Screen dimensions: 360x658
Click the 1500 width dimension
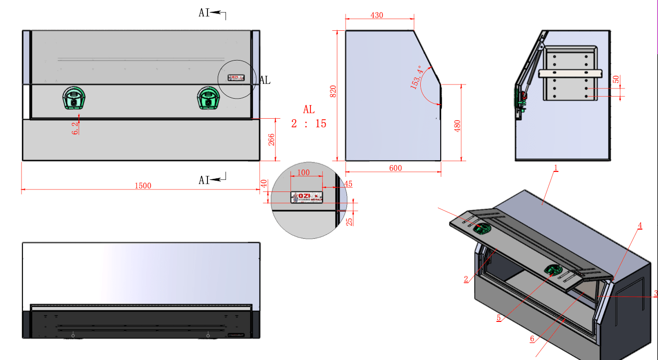tap(143, 186)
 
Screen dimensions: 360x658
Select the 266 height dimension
tap(271, 140)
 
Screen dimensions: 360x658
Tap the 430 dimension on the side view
tap(377, 15)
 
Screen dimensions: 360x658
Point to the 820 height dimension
tap(333, 91)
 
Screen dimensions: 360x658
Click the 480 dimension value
tap(457, 126)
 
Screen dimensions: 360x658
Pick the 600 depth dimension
tap(395, 168)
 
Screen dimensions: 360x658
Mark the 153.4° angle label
tap(416, 78)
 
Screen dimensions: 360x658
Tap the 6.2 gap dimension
tap(75, 128)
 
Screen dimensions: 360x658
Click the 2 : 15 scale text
tap(308, 124)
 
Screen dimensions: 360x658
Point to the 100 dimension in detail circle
tap(303, 172)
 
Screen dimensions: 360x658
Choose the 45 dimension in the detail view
tap(348, 184)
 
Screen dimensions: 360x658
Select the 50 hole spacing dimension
tap(616, 79)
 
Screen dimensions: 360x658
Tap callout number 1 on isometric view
tap(555, 168)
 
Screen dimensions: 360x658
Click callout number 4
tap(639, 225)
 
